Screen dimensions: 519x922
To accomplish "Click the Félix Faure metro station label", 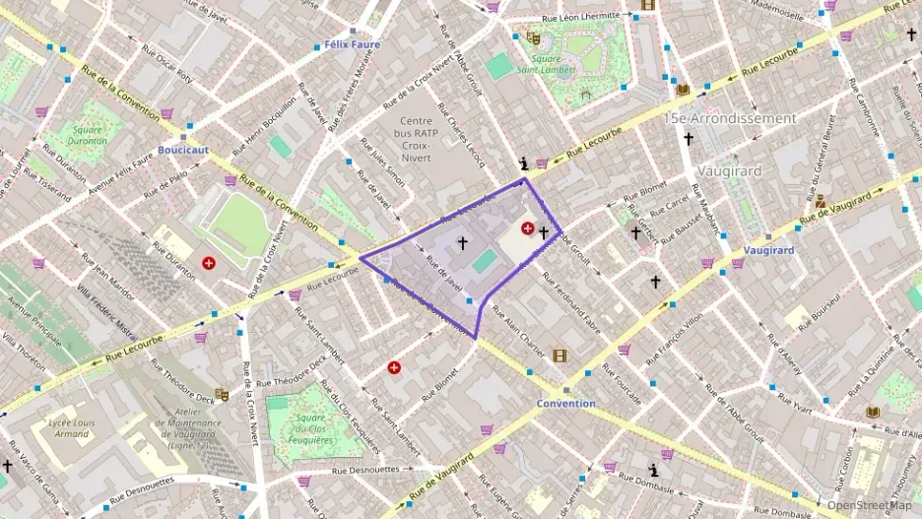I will [350, 45].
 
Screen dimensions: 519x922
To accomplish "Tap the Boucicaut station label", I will [183, 151].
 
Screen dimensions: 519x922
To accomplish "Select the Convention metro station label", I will [565, 404].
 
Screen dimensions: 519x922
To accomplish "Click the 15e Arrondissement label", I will [730, 118].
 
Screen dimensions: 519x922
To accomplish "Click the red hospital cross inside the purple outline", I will [528, 228].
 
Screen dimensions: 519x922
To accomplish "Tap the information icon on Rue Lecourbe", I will [524, 163].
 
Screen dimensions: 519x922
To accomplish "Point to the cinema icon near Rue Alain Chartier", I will [560, 356].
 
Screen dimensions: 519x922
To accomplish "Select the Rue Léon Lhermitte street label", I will [583, 17].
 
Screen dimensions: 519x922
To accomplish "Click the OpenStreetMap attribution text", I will [869, 505].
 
